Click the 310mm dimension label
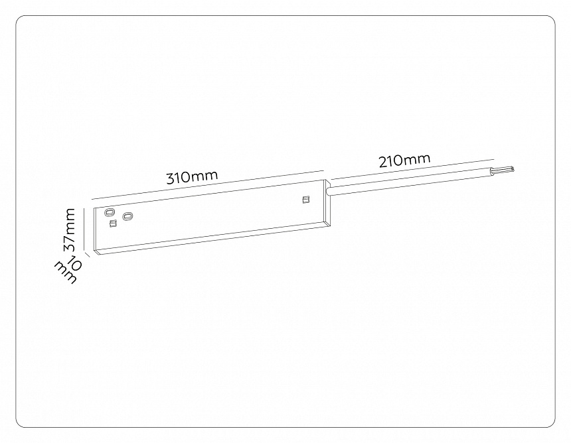192,177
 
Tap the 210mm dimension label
404,160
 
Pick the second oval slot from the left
127,216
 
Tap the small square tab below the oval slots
113,223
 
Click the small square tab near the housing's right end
305,200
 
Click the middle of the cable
412,181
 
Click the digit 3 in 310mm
171,180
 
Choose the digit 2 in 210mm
384,162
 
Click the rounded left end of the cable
331,191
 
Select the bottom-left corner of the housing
96,253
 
